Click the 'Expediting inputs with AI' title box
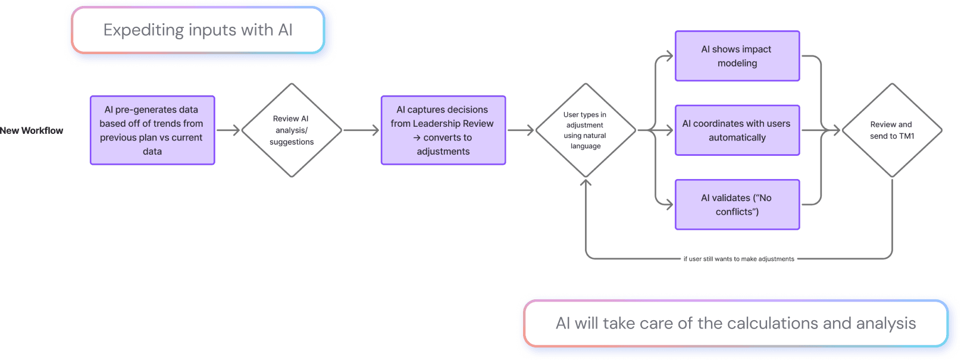click(198, 30)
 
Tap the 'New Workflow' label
click(32, 130)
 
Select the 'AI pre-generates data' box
click(152, 130)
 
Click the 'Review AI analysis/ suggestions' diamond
click(291, 130)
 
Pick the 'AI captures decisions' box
click(443, 130)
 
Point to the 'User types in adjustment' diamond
click(586, 130)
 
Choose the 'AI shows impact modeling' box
click(737, 57)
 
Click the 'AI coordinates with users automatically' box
click(737, 130)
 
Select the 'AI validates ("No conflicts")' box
click(737, 205)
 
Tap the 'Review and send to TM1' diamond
click(891, 130)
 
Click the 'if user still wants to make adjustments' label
click(738, 259)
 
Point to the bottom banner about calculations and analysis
click(735, 323)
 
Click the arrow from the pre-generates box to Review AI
click(228, 130)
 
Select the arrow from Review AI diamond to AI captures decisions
click(361, 130)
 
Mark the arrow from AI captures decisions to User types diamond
click(521, 130)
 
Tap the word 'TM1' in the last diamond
click(906, 136)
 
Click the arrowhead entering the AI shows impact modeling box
click(669, 57)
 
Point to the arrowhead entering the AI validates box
click(669, 205)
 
